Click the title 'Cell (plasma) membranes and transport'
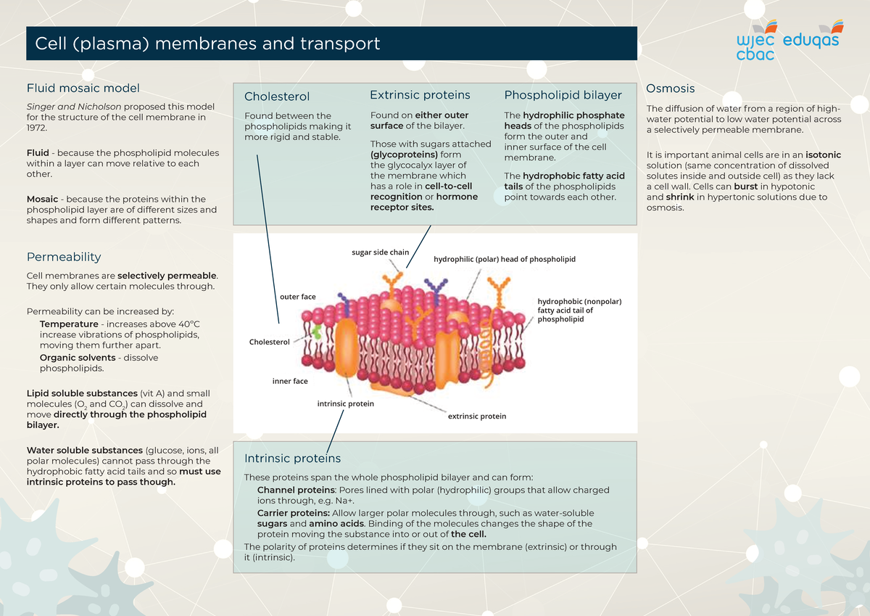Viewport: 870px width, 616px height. point(203,44)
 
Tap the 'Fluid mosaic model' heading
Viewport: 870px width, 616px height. point(83,89)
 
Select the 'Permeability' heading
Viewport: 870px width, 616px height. point(64,257)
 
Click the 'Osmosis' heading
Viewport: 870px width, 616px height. point(670,89)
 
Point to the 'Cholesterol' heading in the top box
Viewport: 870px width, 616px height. point(277,96)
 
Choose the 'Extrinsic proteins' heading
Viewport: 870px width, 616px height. point(420,95)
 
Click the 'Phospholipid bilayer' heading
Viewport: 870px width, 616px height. point(563,95)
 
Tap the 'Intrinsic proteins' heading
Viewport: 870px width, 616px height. point(292,459)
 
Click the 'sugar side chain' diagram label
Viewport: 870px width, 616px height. point(380,252)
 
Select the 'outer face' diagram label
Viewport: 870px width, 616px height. point(297,297)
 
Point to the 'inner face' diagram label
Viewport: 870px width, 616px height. point(290,381)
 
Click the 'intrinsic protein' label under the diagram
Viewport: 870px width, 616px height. point(346,403)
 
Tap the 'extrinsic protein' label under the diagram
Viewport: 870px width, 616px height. point(476,416)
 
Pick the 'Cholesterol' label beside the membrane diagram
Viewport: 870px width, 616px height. point(269,342)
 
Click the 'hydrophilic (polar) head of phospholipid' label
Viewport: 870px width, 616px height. point(504,259)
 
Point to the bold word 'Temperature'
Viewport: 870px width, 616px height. point(69,324)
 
